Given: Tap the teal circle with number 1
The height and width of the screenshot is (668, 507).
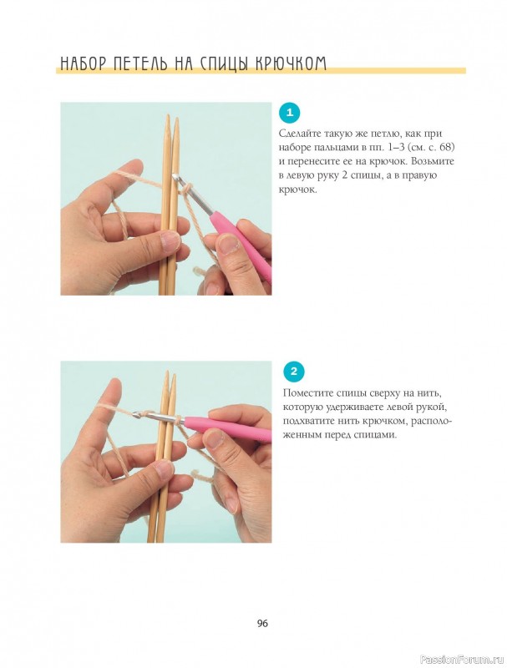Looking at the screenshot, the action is [290, 113].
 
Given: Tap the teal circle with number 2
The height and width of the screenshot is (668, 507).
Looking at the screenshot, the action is [293, 372].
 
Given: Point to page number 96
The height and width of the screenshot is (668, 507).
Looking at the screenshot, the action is [262, 623].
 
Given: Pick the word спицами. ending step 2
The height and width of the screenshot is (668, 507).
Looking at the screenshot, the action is [377, 436].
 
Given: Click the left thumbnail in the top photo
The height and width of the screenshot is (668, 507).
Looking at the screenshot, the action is [170, 240].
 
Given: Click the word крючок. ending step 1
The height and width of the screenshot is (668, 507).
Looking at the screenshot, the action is [298, 190].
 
